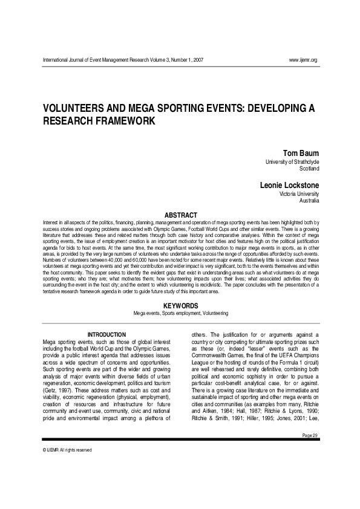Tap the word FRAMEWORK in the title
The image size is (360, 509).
(x=126, y=120)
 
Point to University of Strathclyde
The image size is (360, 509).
(x=292, y=162)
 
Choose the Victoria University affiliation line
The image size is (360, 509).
(x=298, y=194)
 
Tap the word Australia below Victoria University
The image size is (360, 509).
(x=308, y=201)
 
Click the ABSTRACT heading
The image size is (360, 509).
(x=180, y=215)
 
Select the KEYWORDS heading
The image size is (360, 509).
(x=180, y=306)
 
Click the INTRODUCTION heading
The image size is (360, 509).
(x=106, y=335)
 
